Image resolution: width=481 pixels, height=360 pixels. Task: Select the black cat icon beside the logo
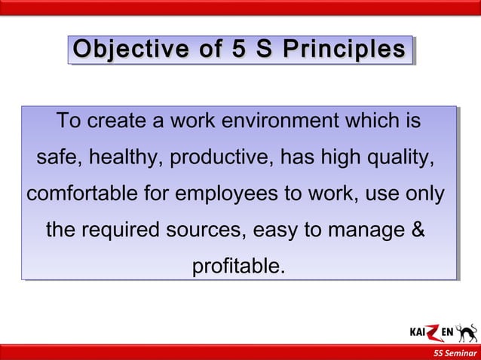[x=467, y=332]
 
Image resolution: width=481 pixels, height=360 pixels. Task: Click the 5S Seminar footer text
[x=455, y=353]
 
